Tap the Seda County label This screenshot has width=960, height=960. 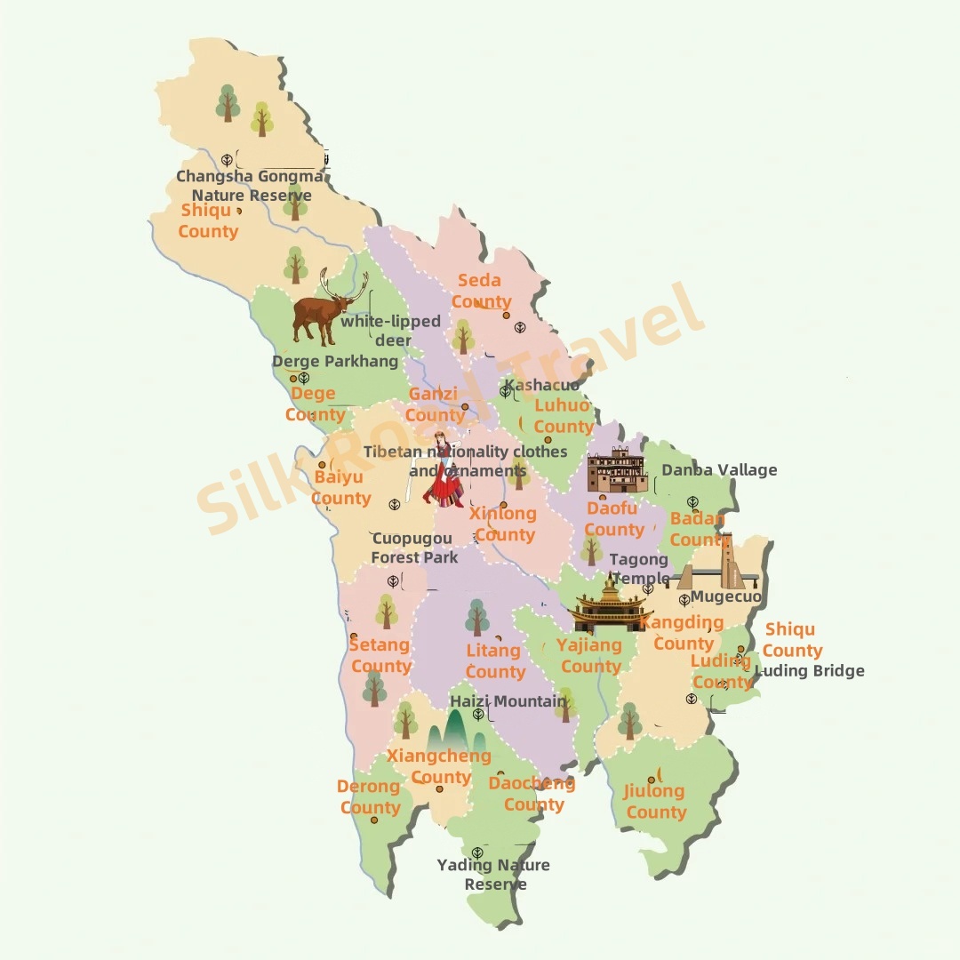(481, 291)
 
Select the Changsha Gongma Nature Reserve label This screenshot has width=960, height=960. (251, 186)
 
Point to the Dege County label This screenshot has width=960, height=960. (315, 404)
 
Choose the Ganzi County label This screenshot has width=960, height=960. (435, 404)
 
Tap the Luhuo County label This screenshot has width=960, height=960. (563, 415)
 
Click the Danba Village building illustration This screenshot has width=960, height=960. (617, 471)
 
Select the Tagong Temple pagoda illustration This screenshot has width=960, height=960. (610, 606)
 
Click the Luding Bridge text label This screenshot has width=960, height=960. (811, 671)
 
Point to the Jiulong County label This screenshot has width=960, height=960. (655, 801)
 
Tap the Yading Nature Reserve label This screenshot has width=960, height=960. (494, 874)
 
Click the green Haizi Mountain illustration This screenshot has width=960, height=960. (455, 731)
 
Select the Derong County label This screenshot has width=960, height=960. (370, 796)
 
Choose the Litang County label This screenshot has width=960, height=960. (494, 660)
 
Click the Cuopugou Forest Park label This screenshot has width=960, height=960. (413, 548)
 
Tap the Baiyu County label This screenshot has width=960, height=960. (340, 487)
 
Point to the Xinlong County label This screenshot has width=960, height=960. (504, 524)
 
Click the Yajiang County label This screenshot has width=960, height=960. (589, 655)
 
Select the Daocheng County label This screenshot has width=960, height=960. (532, 793)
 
